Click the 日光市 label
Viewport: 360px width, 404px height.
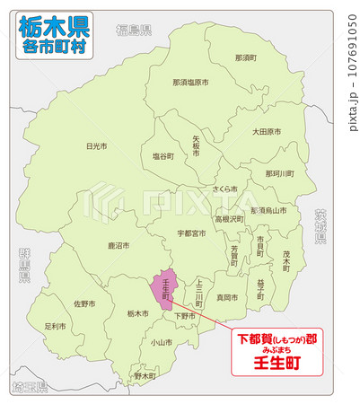point(96,145)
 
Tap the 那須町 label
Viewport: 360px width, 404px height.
point(245,57)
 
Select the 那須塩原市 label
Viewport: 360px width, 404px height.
point(190,82)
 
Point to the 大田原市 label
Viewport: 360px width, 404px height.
point(266,131)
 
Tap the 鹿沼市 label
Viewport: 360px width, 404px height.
point(119,244)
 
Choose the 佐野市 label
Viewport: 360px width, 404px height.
point(84,303)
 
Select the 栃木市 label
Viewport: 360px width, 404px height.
point(137,313)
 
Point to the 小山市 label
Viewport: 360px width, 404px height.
point(162,342)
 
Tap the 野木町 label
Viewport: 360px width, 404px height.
point(145,376)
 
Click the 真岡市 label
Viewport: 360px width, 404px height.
point(227,296)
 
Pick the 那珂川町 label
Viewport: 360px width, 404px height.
point(279,172)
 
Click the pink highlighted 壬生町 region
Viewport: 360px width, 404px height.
point(162,289)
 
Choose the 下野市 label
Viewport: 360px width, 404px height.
point(185,316)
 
